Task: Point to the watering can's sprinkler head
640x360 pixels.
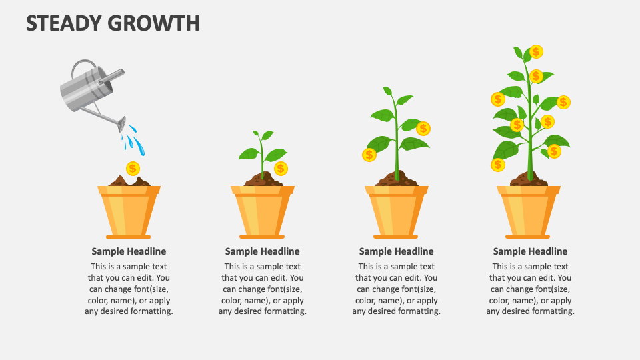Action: [121, 124]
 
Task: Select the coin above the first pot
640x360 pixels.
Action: [133, 168]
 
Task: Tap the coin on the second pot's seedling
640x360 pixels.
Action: [281, 168]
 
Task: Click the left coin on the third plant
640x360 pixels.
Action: [369, 155]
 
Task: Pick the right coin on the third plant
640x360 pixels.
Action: [423, 128]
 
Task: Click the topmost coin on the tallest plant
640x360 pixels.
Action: [536, 52]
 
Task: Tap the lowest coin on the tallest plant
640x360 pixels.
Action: [497, 165]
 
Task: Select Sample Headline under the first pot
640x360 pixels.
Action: [129, 251]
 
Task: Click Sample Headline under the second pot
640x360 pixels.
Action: [263, 251]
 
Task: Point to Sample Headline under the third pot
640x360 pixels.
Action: [397, 251]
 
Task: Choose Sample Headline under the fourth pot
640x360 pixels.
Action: [531, 251]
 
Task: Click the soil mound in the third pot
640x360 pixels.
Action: [397, 179]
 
